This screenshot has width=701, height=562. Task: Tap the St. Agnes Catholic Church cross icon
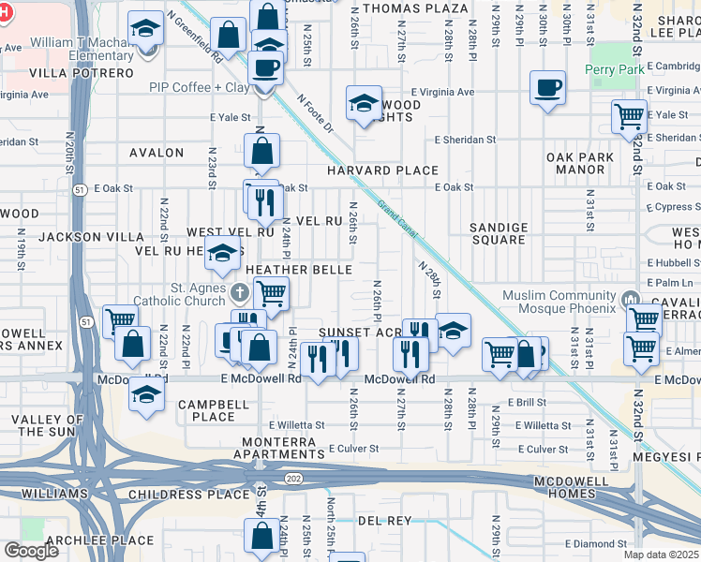point(239,294)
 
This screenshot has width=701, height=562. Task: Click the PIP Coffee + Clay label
point(199,87)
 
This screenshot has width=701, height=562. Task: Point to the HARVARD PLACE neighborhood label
point(382,170)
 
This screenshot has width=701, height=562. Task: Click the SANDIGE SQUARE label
point(498,233)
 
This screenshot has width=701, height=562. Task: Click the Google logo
point(31,550)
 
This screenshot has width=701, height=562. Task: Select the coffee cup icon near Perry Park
point(548,88)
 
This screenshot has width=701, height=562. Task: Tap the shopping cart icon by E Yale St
point(629,116)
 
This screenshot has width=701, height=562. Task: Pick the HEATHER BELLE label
point(298,270)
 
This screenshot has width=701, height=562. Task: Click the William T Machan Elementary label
point(82,49)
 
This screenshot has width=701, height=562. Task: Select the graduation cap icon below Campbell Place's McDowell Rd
point(146,393)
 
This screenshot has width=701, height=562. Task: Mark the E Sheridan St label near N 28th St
point(465,140)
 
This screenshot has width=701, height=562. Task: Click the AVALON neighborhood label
point(157,153)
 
